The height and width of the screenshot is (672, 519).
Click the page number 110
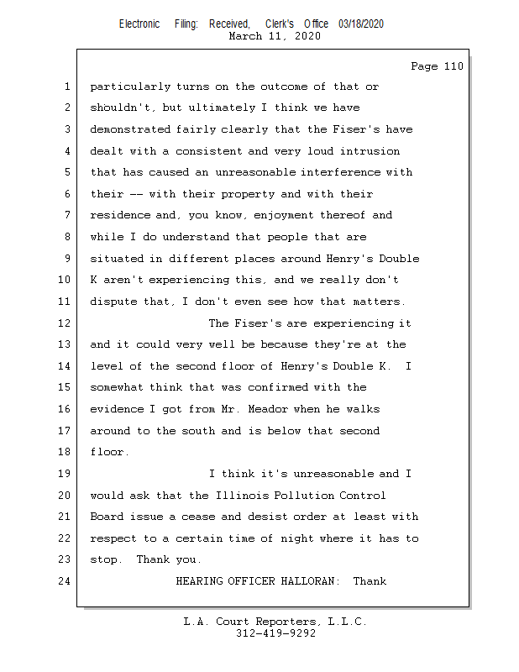(x=453, y=66)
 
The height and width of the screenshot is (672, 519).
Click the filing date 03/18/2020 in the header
(x=361, y=24)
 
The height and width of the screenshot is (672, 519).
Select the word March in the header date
(x=245, y=36)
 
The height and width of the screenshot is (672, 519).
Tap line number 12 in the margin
(x=65, y=323)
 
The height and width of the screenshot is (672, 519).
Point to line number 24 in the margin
(x=65, y=581)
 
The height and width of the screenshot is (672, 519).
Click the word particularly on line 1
(x=130, y=87)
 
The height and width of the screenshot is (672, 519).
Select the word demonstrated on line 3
(x=130, y=129)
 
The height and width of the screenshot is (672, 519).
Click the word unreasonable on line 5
(x=255, y=172)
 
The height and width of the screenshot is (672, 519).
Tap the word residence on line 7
(x=120, y=215)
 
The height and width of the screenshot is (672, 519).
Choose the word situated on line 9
(x=117, y=259)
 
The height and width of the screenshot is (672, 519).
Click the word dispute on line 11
(x=113, y=302)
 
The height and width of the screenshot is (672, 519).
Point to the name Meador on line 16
(x=268, y=409)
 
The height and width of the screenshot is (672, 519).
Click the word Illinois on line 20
(x=242, y=496)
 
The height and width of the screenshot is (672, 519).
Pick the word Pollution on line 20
(x=303, y=496)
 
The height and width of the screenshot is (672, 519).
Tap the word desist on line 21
(x=268, y=517)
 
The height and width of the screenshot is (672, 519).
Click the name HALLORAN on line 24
(x=310, y=581)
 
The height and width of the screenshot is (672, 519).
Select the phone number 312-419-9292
(x=275, y=633)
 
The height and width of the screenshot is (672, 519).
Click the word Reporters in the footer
(x=288, y=622)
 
